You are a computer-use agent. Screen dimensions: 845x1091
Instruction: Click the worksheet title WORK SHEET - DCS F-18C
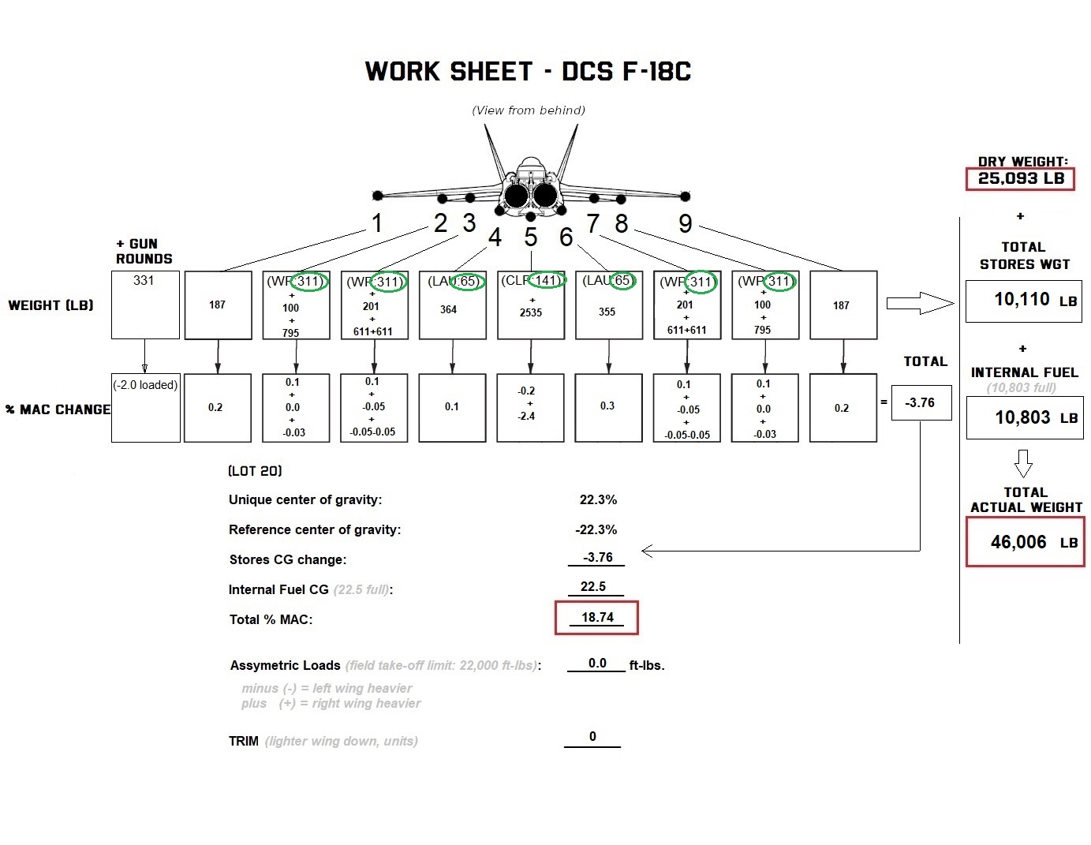tap(528, 72)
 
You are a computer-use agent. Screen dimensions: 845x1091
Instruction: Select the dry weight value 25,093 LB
tap(1021, 178)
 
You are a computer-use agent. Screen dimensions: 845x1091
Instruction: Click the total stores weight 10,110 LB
tap(1022, 300)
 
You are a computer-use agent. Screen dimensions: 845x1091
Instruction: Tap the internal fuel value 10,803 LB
tap(1023, 417)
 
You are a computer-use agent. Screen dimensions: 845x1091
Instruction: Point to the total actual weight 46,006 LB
tap(1019, 542)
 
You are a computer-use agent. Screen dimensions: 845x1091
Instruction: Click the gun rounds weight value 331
tap(144, 281)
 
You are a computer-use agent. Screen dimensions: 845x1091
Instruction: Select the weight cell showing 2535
tap(531, 312)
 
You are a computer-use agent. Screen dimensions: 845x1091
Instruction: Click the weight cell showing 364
tap(449, 309)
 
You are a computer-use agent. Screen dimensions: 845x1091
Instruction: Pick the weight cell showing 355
tap(607, 312)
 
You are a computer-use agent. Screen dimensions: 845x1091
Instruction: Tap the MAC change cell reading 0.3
tap(607, 406)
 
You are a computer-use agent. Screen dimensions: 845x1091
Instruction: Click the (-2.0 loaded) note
tap(145, 385)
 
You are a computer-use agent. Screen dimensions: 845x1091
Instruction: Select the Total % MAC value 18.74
tap(597, 618)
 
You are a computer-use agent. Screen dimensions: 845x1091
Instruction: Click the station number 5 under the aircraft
tap(531, 237)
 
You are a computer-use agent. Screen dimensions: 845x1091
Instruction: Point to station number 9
tap(686, 224)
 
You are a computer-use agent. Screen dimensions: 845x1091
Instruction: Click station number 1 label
tap(377, 223)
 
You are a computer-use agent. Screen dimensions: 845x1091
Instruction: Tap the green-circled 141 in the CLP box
tap(547, 280)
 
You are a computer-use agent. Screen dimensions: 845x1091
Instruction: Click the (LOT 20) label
tap(255, 471)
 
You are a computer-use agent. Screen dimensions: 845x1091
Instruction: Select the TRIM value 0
tap(592, 737)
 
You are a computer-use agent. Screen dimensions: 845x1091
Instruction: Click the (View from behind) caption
tap(529, 110)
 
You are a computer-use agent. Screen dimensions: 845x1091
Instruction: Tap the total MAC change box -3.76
tap(920, 402)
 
